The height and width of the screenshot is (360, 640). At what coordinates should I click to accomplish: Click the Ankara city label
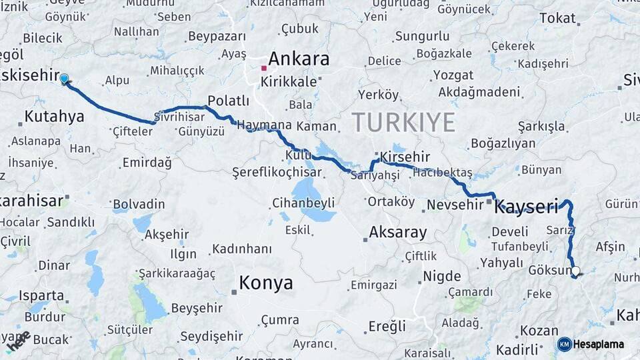pos(299,59)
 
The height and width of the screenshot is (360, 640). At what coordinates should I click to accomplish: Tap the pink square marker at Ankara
pos(265,68)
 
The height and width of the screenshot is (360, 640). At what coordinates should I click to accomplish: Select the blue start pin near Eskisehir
pos(64,79)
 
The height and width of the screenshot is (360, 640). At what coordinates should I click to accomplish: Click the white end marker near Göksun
pos(575,271)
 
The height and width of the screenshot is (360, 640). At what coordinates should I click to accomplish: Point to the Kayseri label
pos(526,207)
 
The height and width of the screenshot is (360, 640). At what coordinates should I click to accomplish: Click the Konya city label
pos(265,283)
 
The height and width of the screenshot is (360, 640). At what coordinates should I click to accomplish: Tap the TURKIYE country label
pos(403,122)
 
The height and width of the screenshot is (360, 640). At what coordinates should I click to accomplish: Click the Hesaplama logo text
pos(598,344)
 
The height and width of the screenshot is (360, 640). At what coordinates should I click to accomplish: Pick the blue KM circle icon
pos(564,344)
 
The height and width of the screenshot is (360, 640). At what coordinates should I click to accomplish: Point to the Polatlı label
pos(228,101)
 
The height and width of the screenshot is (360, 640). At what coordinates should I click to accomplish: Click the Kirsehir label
pos(404,156)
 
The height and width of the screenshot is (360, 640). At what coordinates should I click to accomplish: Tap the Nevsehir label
pos(453,205)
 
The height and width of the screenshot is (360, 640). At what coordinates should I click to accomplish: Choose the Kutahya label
pos(54,117)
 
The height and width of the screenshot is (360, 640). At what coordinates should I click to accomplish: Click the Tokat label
pos(557,18)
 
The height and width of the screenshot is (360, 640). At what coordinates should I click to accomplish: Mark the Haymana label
pos(264,125)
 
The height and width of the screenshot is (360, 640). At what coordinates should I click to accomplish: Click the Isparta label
pos(41,295)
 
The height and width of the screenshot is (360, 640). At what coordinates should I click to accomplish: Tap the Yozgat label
pos(453,75)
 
